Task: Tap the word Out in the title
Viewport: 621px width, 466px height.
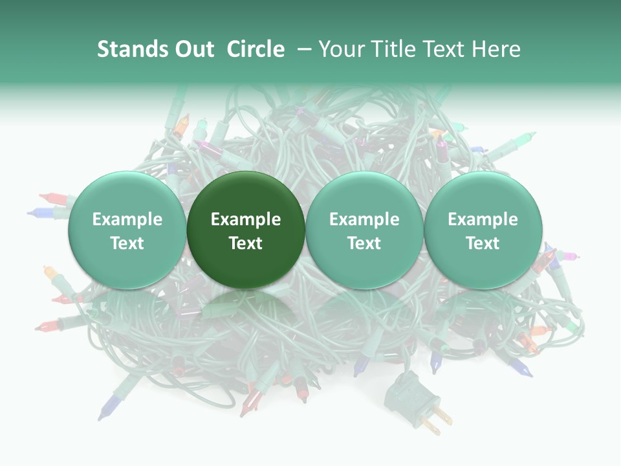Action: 193,49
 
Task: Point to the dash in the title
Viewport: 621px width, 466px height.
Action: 305,50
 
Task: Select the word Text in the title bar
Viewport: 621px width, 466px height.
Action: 444,49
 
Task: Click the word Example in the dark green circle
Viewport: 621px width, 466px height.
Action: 246,219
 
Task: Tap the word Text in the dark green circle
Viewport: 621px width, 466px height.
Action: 246,243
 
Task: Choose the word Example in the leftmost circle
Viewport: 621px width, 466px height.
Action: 127,219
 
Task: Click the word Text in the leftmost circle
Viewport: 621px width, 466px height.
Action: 127,243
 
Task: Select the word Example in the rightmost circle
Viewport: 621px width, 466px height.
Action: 483,219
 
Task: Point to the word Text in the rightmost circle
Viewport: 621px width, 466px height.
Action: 483,243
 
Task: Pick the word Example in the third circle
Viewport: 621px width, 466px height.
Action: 364,219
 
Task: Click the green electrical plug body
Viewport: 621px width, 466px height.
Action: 402,391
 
